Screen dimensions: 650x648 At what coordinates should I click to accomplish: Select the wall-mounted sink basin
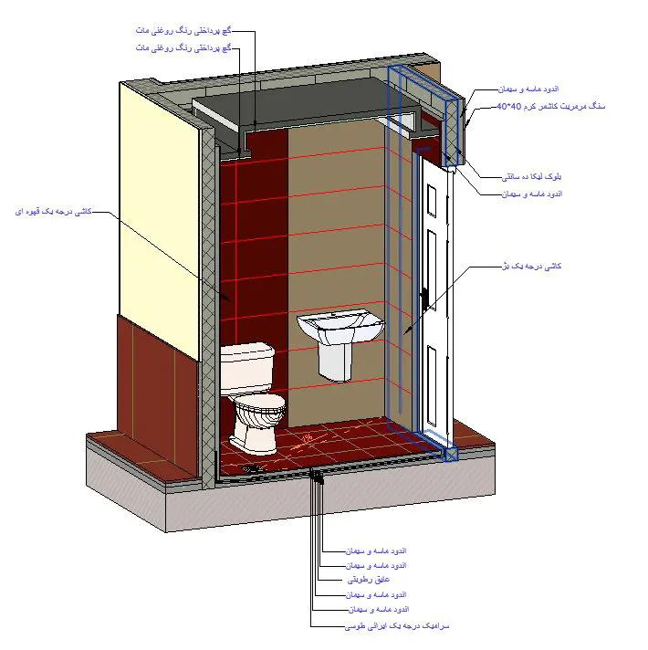(339, 327)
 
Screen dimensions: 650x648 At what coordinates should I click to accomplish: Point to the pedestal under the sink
(336, 362)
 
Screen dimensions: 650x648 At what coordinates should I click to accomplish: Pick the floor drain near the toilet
(255, 467)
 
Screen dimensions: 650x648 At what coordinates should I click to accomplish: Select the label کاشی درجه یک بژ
(534, 266)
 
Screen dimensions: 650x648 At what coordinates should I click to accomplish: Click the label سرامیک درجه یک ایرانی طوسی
(398, 627)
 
